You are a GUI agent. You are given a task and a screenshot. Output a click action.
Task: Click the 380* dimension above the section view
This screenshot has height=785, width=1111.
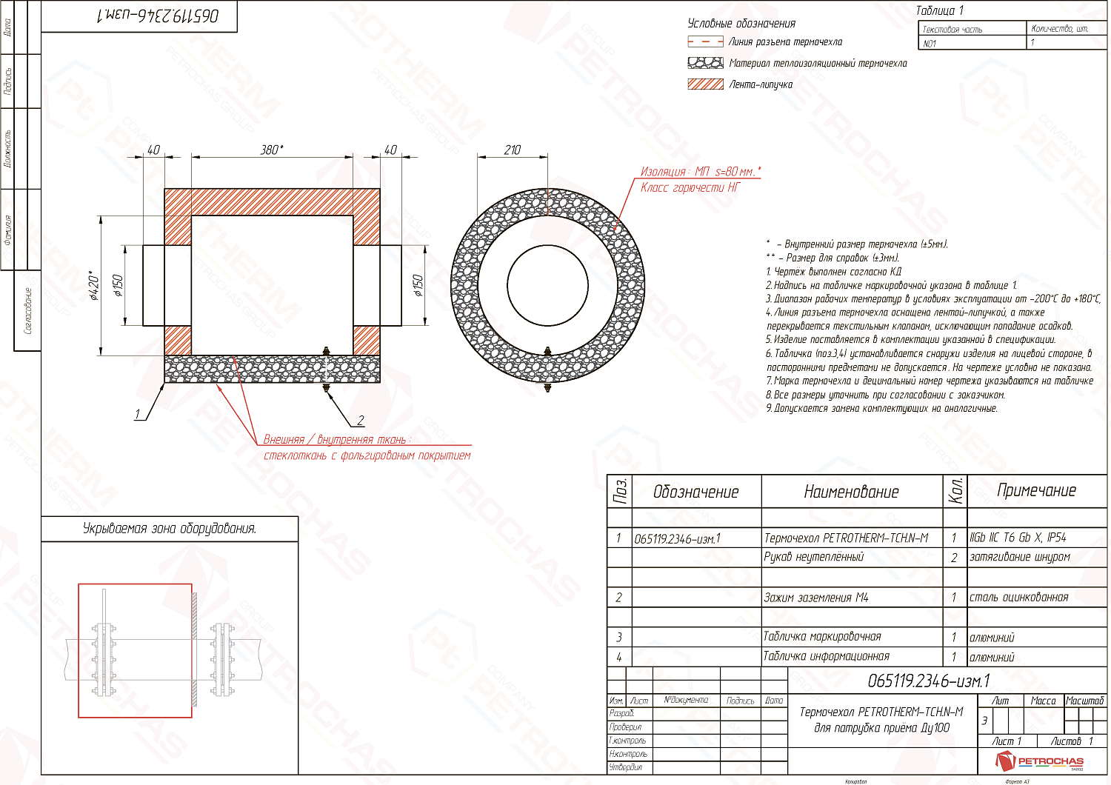pos(272,150)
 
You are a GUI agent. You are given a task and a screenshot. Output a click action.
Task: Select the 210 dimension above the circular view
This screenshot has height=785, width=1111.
pos(513,150)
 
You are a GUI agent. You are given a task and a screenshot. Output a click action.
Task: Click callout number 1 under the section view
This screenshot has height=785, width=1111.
pos(137,414)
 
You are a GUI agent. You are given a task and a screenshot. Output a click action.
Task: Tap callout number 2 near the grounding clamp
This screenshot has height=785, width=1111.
pos(361,420)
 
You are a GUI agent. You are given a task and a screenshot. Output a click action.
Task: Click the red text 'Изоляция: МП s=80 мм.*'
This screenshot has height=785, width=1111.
pos(700,172)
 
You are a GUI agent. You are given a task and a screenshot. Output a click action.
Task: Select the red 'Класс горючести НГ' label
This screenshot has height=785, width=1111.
pos(690,188)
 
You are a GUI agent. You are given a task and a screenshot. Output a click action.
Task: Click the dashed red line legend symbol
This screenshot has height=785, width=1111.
pos(705,42)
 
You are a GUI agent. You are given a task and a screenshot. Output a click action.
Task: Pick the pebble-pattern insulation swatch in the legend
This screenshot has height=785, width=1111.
pos(705,63)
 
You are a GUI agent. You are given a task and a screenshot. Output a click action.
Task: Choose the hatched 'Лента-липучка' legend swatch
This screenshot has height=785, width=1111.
pos(705,84)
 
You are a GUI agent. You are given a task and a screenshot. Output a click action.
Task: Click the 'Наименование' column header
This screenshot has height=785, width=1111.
pos(851,492)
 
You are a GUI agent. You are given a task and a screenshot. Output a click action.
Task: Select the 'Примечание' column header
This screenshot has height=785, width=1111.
pos(1036,490)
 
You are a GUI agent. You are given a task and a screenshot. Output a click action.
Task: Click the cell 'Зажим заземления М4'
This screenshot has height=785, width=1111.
pos(815,598)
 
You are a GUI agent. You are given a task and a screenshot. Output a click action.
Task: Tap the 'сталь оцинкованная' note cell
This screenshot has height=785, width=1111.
pos(1019,598)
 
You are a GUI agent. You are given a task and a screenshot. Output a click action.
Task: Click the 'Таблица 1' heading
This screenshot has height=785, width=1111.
pos(939,10)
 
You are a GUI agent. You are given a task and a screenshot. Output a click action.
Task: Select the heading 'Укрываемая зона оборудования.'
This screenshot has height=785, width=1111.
pos(170,529)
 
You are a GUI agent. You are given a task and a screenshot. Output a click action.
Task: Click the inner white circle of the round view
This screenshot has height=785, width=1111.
pos(547,284)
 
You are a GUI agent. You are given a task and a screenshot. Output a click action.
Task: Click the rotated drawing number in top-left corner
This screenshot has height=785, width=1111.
pos(158,16)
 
